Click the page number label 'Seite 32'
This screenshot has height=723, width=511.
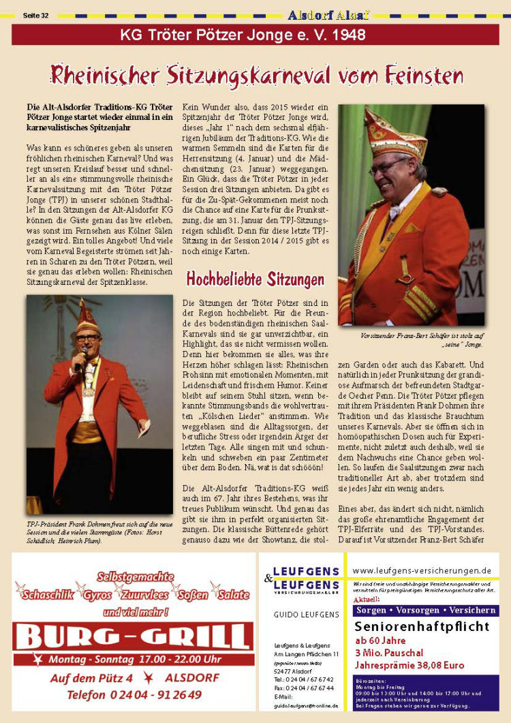pyautogui.click(x=35, y=14)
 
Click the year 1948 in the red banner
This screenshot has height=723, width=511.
pyautogui.click(x=350, y=35)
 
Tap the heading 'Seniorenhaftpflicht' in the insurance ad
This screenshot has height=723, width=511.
pyautogui.click(x=422, y=626)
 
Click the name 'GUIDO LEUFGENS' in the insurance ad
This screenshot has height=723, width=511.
pyautogui.click(x=306, y=614)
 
